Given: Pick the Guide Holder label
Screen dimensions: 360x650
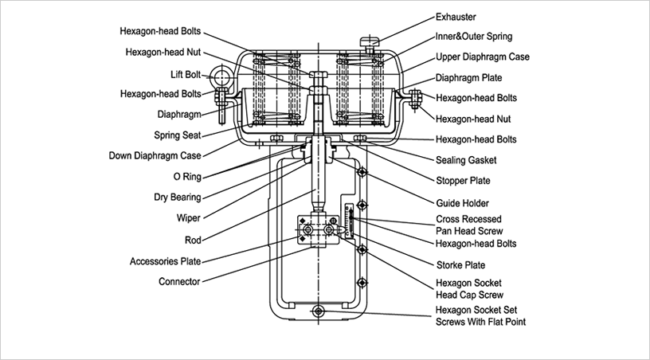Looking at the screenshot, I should (x=462, y=202).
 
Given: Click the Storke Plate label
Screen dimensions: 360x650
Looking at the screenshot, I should (x=460, y=264).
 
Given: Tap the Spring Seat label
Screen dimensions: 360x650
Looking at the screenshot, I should (x=178, y=135).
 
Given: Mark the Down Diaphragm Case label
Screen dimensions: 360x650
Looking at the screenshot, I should (x=155, y=155).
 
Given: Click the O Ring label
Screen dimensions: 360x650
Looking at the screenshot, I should (x=185, y=175).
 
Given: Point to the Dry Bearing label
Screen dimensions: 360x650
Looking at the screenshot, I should (x=178, y=197).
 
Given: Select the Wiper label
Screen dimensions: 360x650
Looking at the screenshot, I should (x=188, y=217).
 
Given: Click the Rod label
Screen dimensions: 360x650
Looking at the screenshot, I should (x=192, y=238).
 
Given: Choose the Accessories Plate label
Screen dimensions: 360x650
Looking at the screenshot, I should (x=166, y=260).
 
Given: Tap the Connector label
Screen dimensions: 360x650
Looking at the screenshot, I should (x=179, y=281).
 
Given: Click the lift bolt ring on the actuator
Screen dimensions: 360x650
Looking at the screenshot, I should (x=219, y=78).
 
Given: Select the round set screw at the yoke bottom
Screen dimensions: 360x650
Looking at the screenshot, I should (x=320, y=311).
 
